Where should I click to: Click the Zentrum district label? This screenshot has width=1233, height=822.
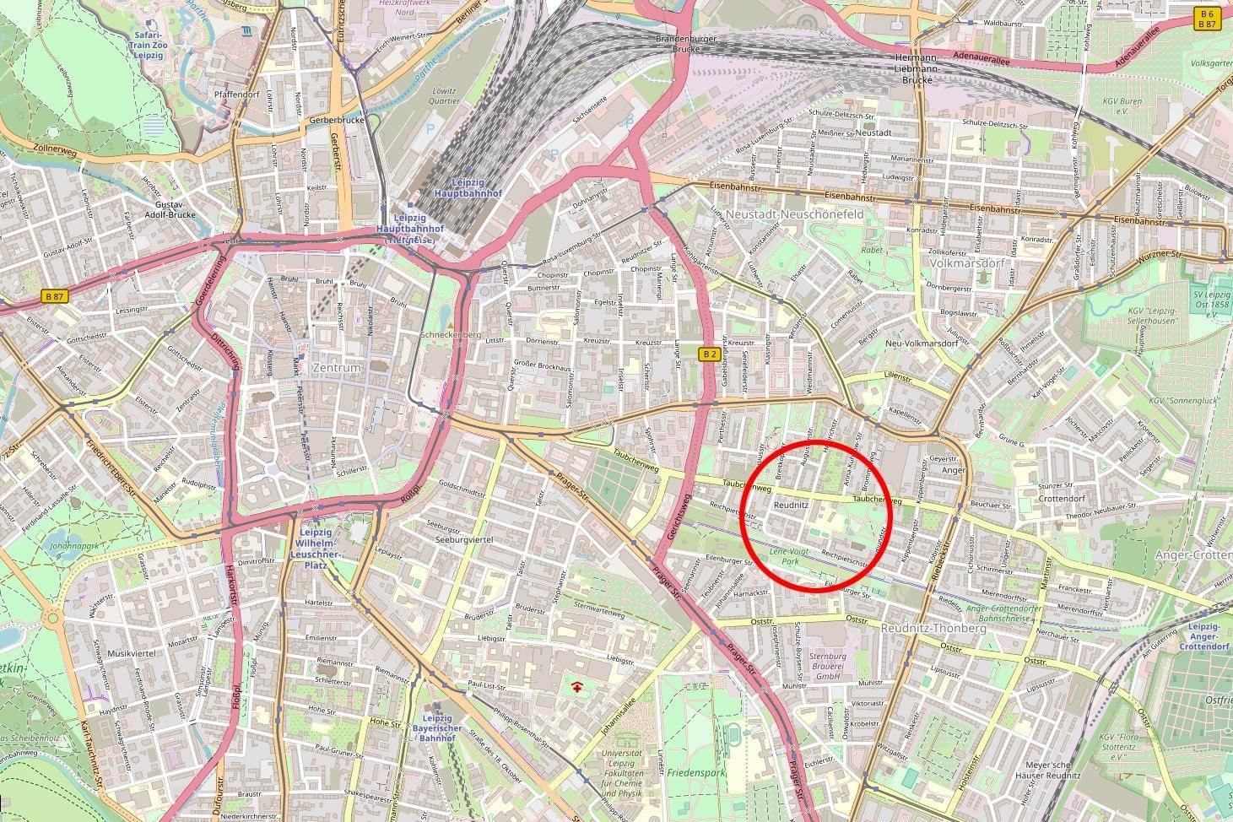click(336, 368)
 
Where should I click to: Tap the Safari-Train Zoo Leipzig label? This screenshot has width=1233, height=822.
click(148, 45)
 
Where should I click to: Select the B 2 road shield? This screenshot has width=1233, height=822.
click(710, 354)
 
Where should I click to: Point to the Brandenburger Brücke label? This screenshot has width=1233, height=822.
click(686, 44)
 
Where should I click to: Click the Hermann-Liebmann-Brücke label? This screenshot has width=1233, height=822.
click(917, 68)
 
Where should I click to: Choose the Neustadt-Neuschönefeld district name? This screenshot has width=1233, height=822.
click(795, 214)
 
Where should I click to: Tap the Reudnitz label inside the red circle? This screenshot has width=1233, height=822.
click(791, 505)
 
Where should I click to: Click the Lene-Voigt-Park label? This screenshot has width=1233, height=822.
click(789, 555)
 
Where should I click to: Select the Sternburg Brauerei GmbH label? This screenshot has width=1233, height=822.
click(827, 666)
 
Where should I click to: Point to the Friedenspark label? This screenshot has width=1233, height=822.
click(695, 772)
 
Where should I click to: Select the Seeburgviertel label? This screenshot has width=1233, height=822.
click(459, 539)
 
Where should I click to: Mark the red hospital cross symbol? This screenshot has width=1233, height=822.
click(577, 687)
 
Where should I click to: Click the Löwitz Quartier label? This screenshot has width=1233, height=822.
click(444, 96)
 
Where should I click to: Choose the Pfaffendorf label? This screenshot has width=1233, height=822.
click(236, 95)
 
